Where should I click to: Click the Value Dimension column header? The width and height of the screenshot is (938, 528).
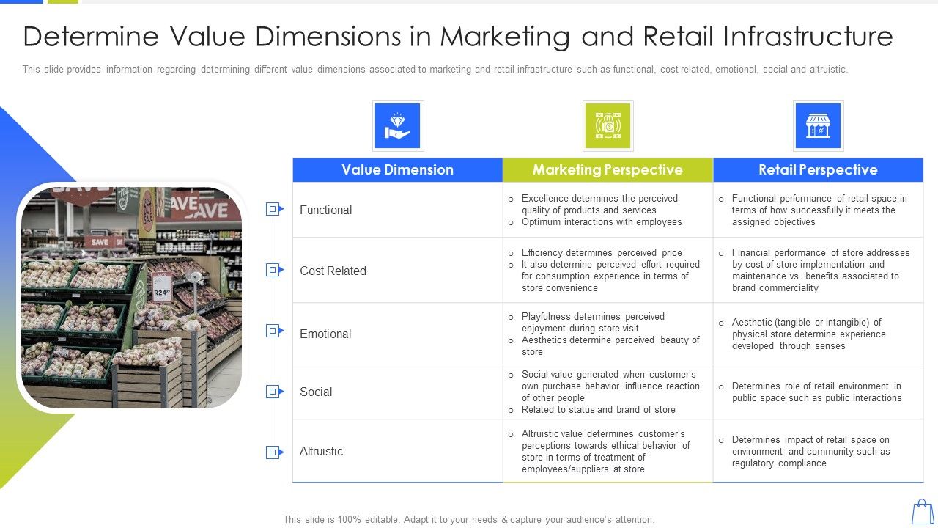[x=397, y=170]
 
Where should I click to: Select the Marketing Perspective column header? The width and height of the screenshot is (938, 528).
[x=608, y=170]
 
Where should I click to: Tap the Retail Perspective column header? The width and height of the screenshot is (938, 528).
[x=818, y=170]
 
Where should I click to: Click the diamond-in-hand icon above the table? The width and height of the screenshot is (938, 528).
[x=398, y=126]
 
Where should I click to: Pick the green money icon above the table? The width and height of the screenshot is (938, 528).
[x=608, y=126]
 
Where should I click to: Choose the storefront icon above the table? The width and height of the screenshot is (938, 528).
[x=818, y=126]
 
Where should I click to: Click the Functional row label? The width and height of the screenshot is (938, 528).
[x=325, y=210]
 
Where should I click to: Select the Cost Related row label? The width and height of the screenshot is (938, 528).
[x=333, y=271]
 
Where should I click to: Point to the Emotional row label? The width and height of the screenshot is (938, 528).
[x=325, y=334]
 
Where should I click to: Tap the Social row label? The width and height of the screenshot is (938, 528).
[x=316, y=392]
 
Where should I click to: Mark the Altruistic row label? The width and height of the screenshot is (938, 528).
[x=321, y=452]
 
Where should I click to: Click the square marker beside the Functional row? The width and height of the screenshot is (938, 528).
[x=273, y=210]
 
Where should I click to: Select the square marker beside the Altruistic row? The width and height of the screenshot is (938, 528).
[x=273, y=452]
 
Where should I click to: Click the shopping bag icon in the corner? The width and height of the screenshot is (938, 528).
[x=923, y=512]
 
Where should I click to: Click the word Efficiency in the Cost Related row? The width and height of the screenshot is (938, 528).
[x=542, y=253]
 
